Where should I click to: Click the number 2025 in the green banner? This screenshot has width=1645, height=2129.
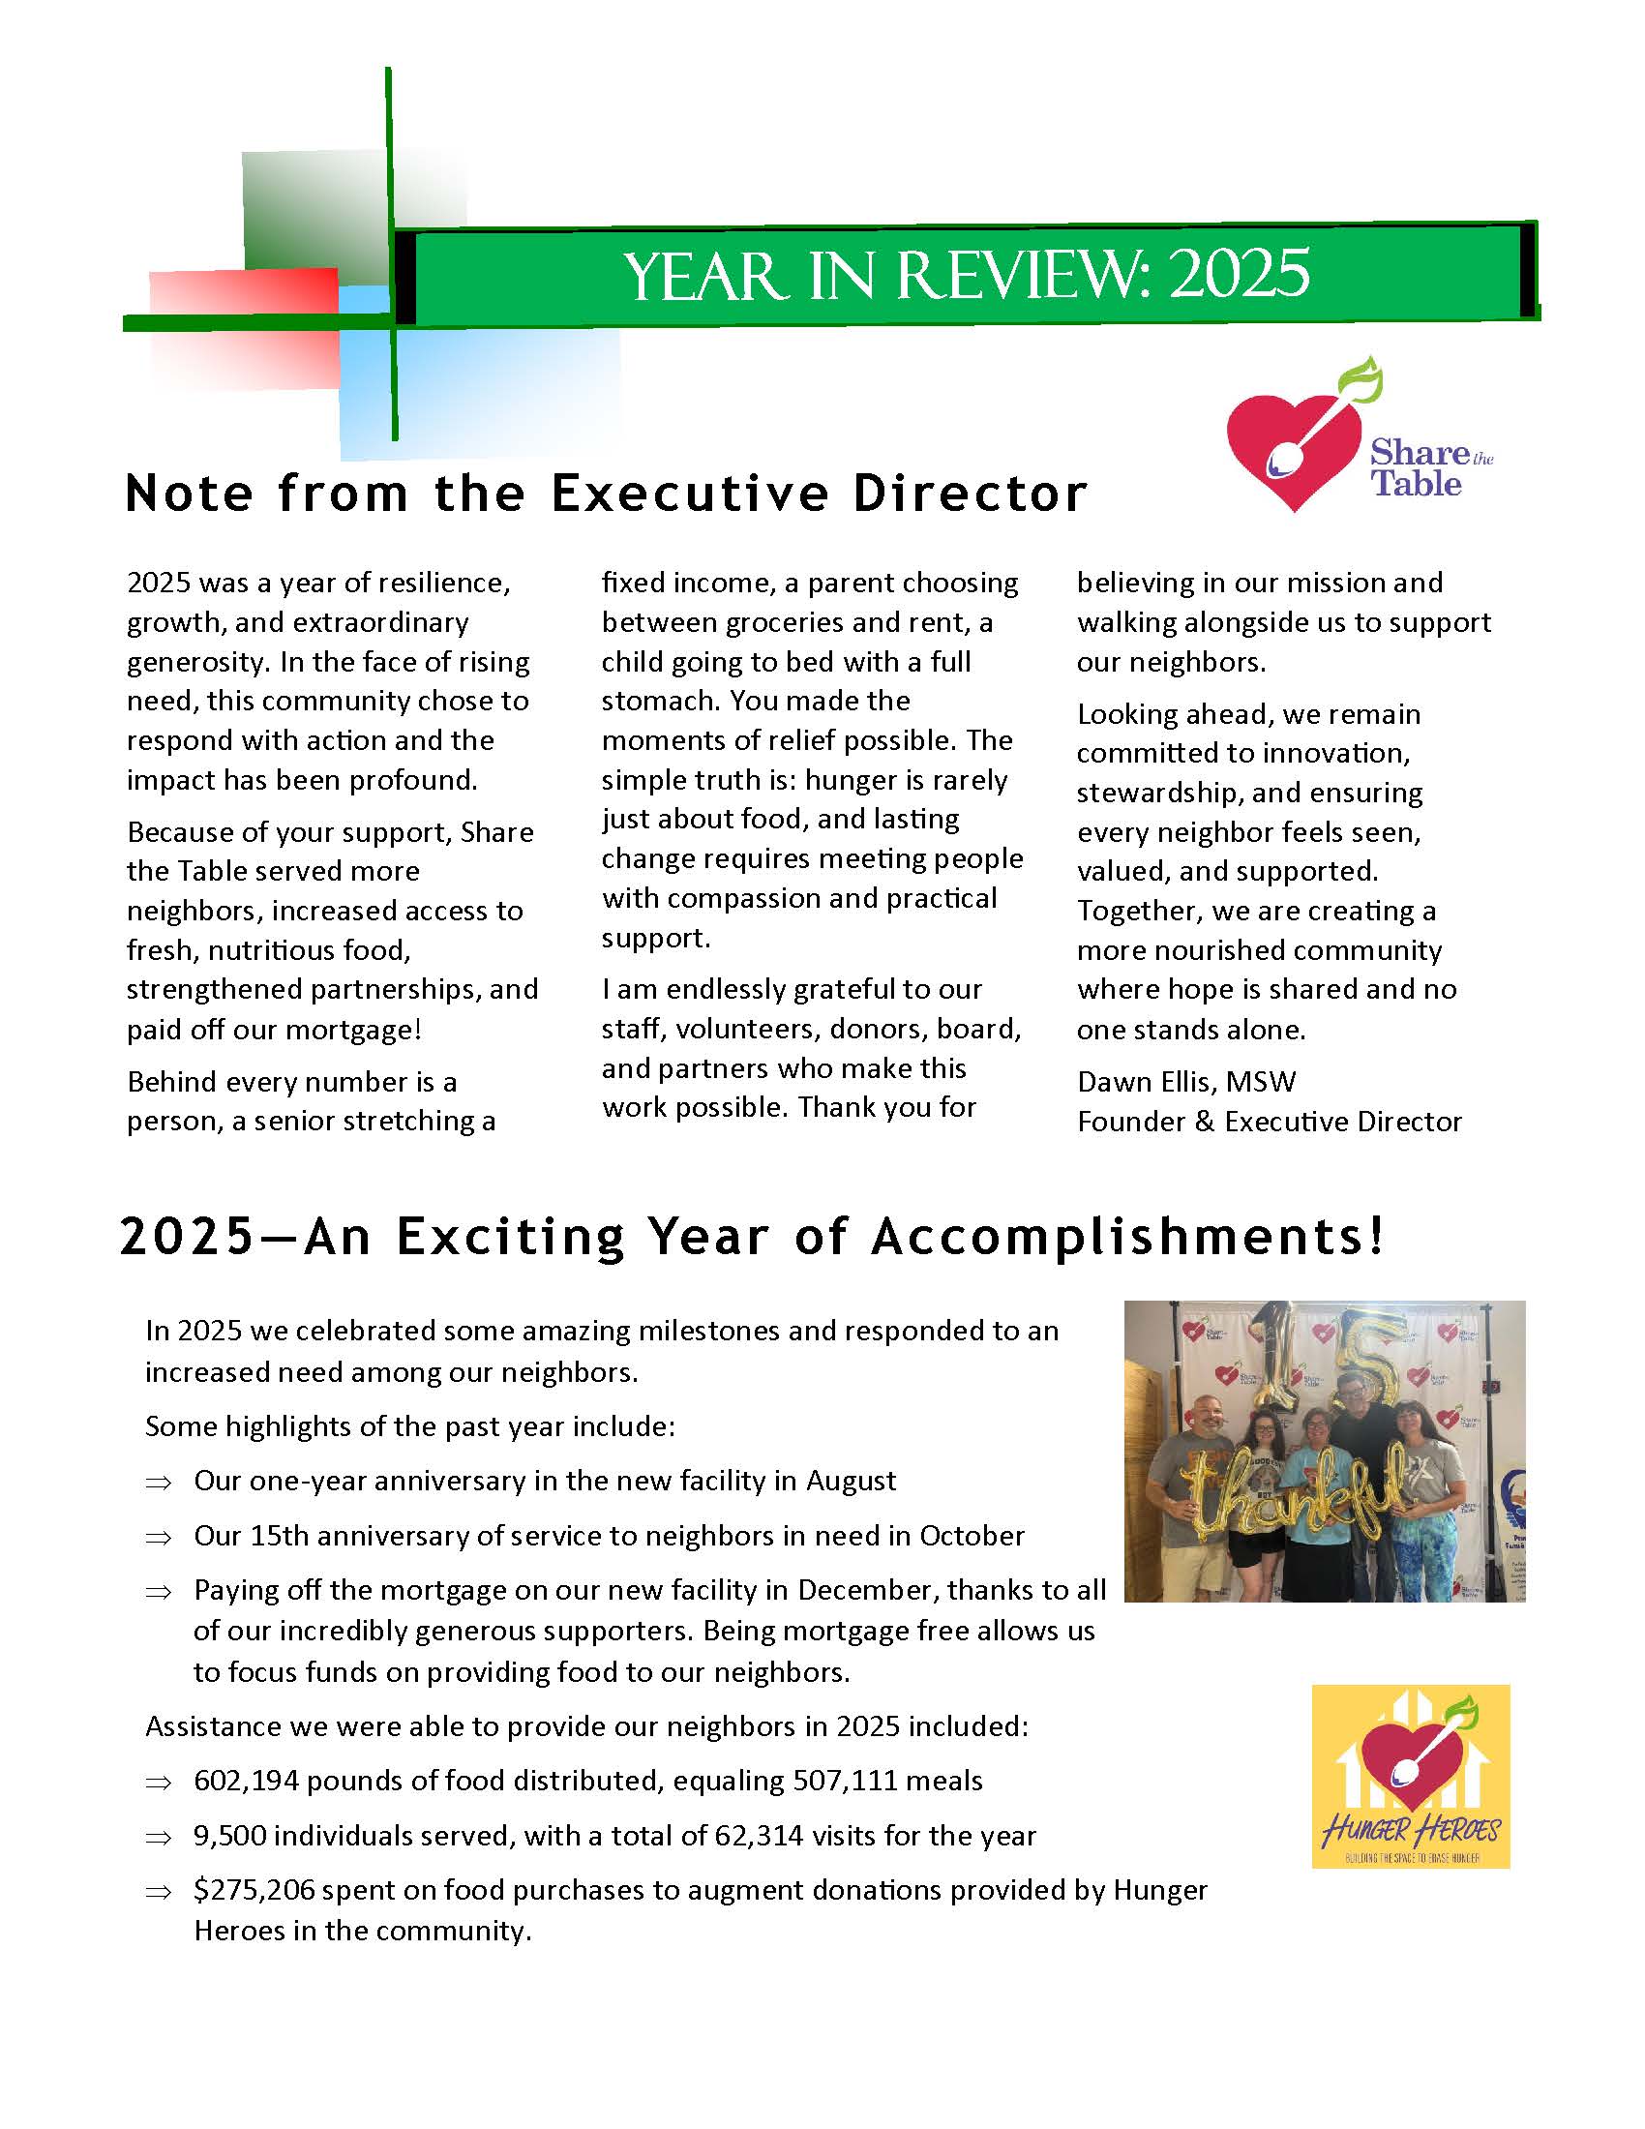coord(1239,275)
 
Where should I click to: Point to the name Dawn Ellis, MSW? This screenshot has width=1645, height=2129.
coord(1186,1081)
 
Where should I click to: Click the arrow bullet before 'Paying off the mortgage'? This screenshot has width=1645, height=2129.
coord(158,1591)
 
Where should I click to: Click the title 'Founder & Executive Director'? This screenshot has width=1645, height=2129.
coord(1269,1121)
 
